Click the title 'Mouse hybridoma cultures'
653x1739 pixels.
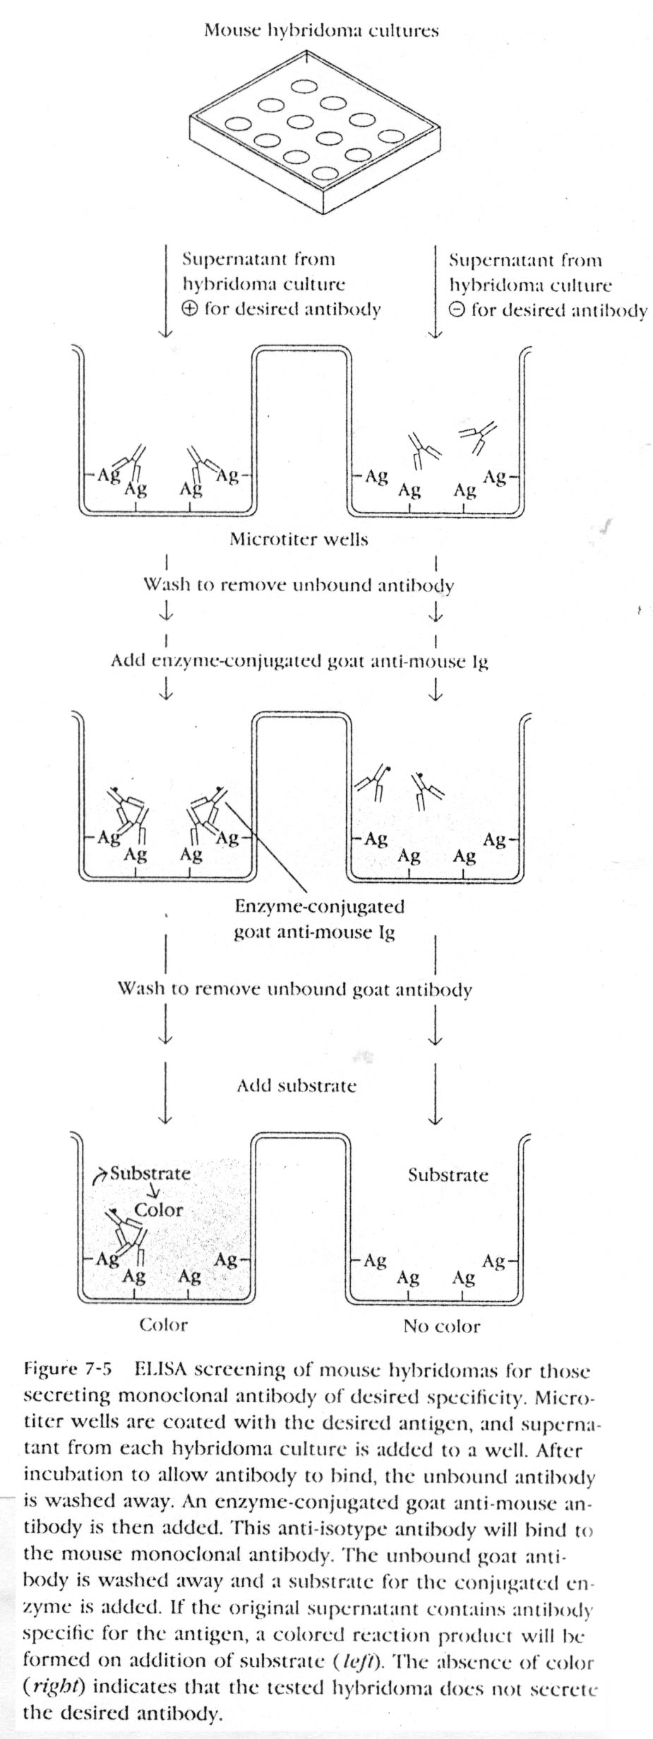tap(321, 30)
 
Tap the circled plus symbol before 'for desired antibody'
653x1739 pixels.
tap(190, 309)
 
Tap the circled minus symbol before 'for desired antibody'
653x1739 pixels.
tap(457, 310)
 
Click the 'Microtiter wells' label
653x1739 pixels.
tap(299, 540)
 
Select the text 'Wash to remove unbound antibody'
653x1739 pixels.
tap(299, 585)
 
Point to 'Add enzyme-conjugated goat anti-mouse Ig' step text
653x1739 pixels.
tap(299, 661)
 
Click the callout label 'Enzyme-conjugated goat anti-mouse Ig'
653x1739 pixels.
tap(319, 918)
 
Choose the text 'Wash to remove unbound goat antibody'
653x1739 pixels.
tap(294, 988)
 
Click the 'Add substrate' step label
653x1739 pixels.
tap(296, 1085)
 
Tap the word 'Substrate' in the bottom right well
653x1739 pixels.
tap(448, 1175)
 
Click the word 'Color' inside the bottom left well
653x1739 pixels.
tap(158, 1209)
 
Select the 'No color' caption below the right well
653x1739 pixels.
tap(441, 1326)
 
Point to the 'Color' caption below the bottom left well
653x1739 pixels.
tap(163, 1324)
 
